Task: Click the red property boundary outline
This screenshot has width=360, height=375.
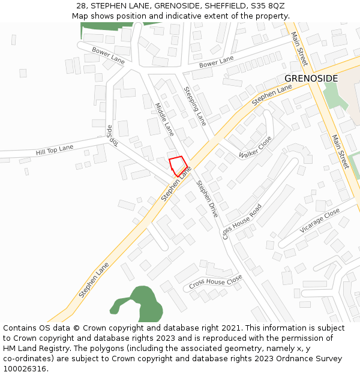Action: click(178, 166)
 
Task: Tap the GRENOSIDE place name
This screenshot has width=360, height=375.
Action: click(311, 79)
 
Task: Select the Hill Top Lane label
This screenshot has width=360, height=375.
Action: click(54, 149)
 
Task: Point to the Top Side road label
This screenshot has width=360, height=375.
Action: click(110, 135)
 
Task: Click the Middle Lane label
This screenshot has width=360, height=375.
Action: click(164, 119)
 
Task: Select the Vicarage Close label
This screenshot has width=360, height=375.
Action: click(320, 221)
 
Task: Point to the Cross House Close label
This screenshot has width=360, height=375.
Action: click(215, 282)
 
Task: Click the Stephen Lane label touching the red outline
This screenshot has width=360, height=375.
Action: click(176, 184)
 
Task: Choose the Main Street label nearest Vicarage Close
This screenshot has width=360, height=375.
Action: click(340, 151)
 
